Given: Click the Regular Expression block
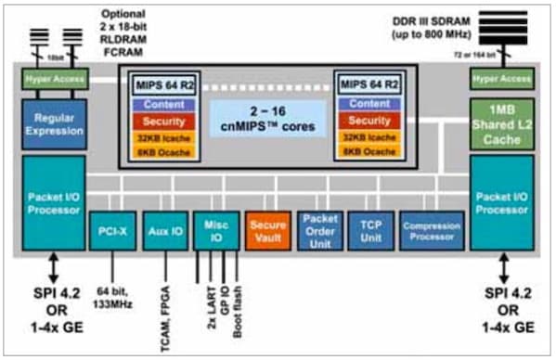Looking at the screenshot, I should (53, 125).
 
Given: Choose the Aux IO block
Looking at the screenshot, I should (163, 231).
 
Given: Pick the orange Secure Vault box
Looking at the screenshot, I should (269, 231).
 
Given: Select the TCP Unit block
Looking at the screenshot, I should (370, 231).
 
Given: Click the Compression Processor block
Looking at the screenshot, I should (432, 231).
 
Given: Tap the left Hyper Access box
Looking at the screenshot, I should (53, 80).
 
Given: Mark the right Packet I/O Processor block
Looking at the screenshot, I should (501, 202).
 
